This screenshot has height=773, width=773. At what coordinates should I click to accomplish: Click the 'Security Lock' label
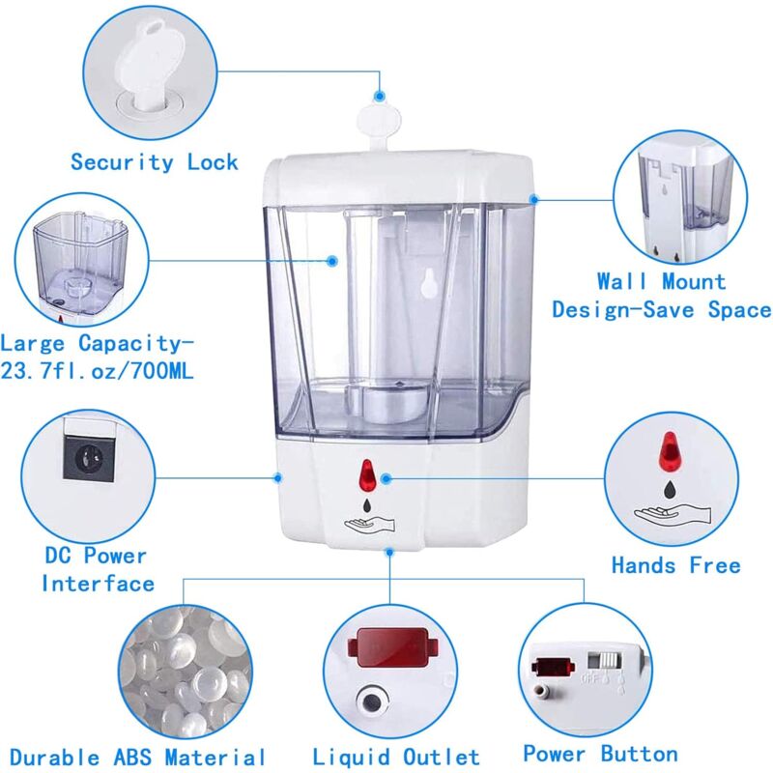(154, 161)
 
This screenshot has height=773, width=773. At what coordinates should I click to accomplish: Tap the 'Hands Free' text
(675, 564)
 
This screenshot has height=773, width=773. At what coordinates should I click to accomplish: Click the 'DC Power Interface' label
(97, 569)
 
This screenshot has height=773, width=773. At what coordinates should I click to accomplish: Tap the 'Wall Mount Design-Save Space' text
(661, 296)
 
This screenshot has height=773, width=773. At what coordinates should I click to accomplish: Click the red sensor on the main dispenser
(365, 475)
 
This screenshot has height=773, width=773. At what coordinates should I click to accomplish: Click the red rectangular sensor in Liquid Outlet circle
(390, 647)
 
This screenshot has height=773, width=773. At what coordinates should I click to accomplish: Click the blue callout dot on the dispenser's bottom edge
(389, 553)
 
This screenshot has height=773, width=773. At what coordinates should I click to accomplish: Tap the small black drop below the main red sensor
(365, 503)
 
